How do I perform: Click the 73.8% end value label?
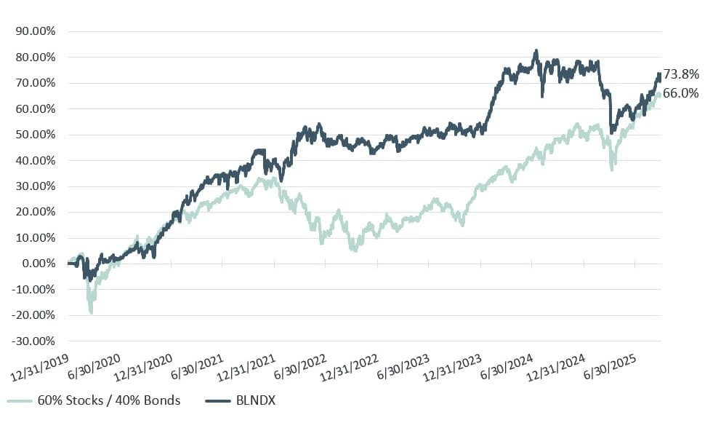coord(681,74)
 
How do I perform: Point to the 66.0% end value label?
coord(681,93)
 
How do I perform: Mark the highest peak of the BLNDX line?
coord(536,51)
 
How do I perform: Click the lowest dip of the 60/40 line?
coord(92,312)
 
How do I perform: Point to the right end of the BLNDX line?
coord(659,74)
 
